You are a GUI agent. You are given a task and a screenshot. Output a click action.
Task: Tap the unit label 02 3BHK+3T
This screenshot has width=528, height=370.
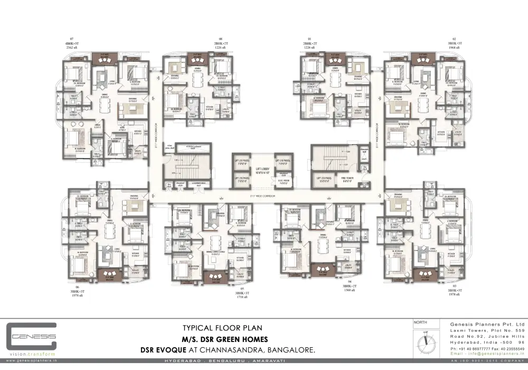455,44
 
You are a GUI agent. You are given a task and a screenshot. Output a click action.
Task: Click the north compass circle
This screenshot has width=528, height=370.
426,341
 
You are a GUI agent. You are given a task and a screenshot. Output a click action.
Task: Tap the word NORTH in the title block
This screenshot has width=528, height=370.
420,322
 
